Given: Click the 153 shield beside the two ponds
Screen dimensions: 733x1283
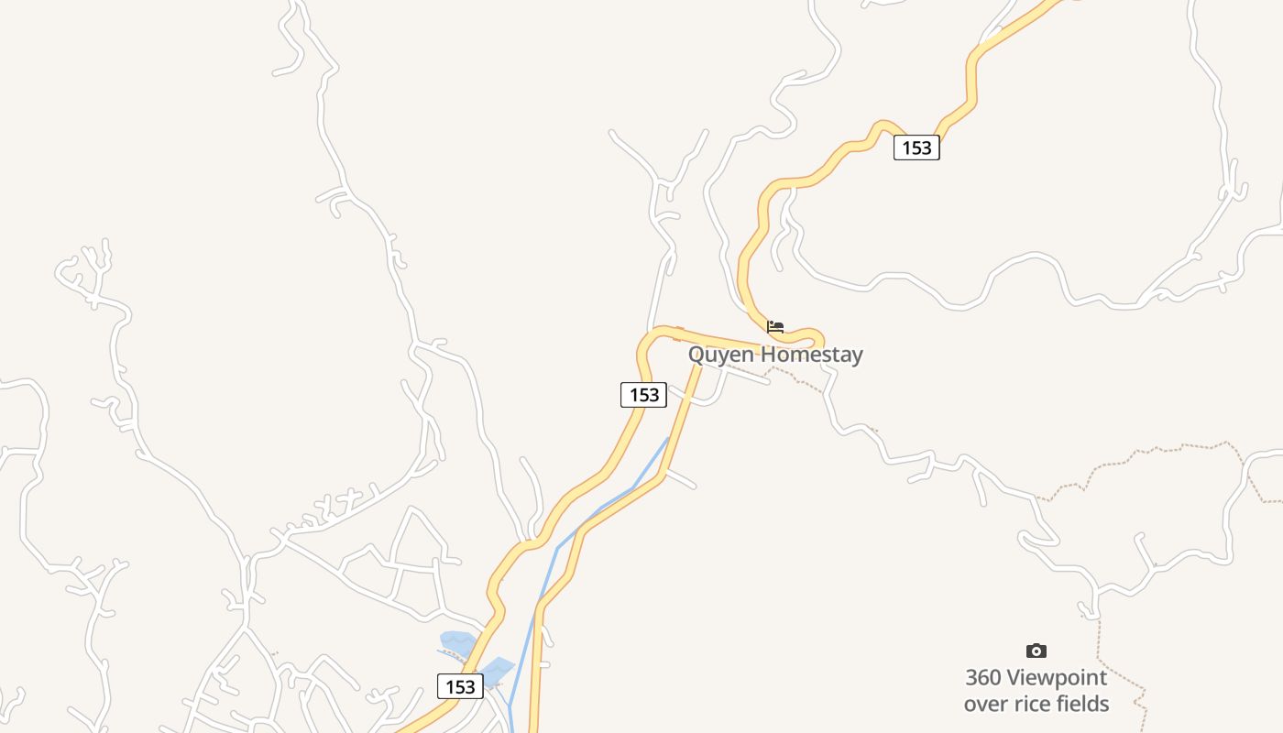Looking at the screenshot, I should coord(460,686).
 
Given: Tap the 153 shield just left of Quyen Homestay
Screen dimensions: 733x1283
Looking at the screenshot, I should coord(643,395).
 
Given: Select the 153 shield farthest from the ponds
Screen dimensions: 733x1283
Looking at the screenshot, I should coord(916,148).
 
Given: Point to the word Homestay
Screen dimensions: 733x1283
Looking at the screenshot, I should coord(812,355).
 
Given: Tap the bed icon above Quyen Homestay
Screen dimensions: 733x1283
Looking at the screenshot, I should coord(775,326).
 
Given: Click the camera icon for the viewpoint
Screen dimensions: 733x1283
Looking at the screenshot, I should coord(1036,651).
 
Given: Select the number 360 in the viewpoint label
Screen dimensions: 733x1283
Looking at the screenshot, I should coord(983,678).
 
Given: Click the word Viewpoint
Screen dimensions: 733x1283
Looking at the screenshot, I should coord(1057,678).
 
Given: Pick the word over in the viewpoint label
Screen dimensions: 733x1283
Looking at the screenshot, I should coord(986,704).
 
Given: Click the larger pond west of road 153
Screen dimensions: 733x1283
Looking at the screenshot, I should coord(458,642).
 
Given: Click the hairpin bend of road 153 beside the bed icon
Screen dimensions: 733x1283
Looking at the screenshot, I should coord(811,335).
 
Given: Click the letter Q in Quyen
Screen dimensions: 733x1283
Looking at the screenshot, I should coord(697,355).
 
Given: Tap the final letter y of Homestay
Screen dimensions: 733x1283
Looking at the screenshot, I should coord(856,356).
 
